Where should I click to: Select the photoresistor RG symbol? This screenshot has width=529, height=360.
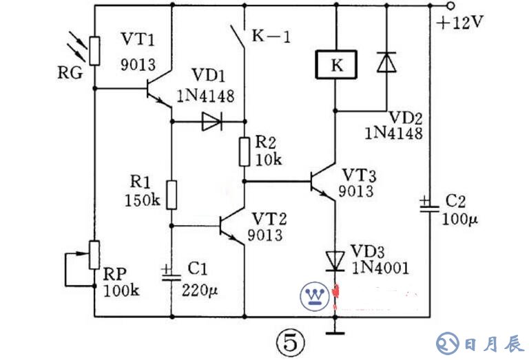coord(94,50)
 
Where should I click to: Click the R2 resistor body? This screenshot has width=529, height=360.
coord(244,151)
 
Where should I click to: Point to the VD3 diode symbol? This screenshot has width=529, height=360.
coord(335,260)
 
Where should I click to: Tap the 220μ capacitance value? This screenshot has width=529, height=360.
coord(200,290)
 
